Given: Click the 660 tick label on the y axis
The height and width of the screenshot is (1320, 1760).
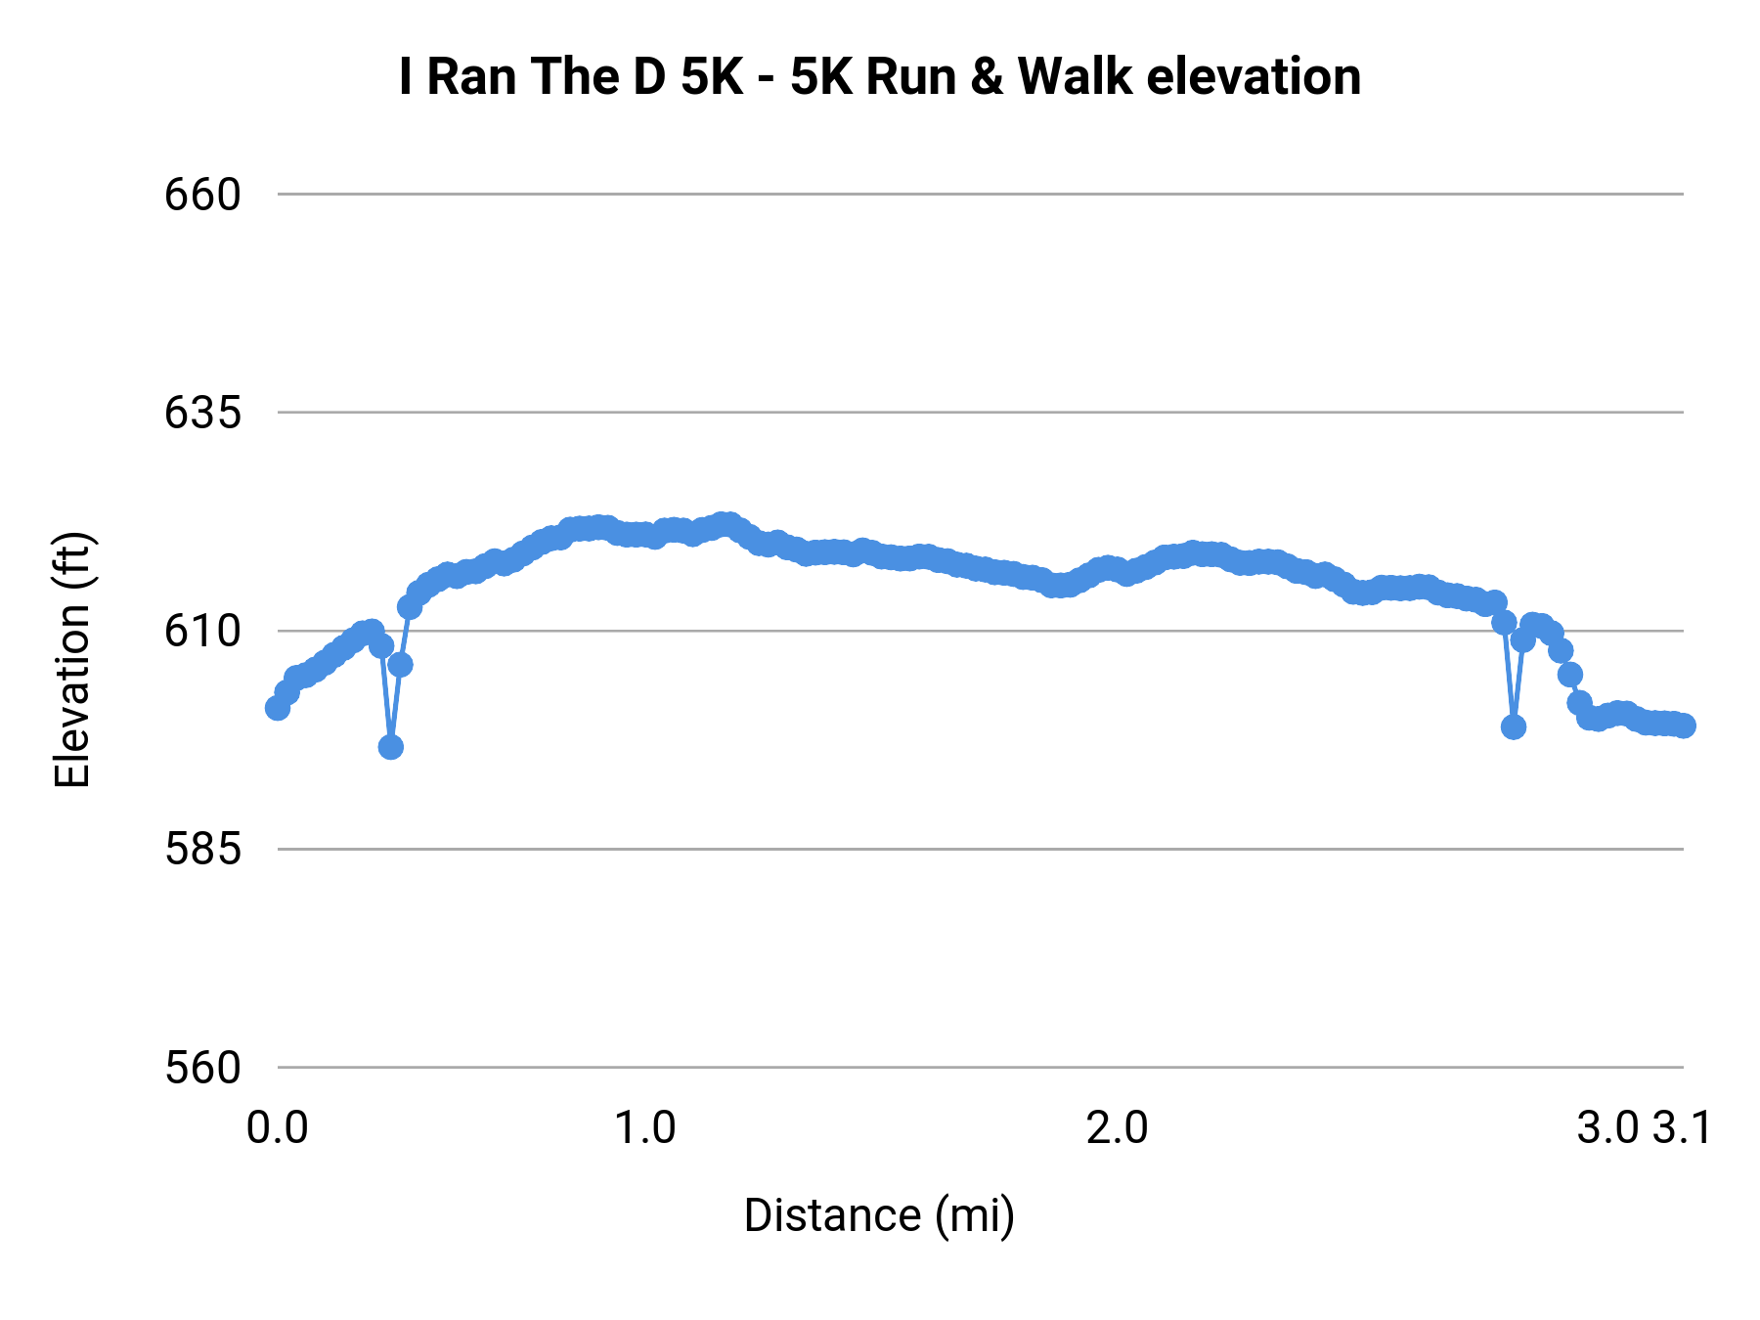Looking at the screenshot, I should [x=202, y=195].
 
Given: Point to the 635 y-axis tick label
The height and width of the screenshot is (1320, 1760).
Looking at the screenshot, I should [x=202, y=413].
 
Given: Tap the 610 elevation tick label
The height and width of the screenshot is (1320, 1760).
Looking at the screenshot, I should [x=202, y=631].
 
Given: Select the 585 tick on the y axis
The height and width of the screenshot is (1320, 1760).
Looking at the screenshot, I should [x=202, y=849].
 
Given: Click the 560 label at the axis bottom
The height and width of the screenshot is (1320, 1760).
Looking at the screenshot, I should [x=202, y=1067].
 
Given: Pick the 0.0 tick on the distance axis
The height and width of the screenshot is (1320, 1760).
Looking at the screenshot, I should [x=278, y=1127].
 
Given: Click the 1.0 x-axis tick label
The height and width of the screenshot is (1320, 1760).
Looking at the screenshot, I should [x=644, y=1127].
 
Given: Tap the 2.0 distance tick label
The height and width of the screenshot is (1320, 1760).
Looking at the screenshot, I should [x=1118, y=1127].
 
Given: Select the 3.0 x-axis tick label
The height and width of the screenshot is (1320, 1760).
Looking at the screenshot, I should [x=1607, y=1127].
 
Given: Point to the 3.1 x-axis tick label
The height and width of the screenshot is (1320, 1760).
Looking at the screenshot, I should [x=1683, y=1127].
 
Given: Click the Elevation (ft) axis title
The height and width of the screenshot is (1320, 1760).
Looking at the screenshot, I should [x=72, y=660].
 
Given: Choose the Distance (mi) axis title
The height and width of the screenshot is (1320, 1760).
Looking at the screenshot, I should [x=879, y=1215].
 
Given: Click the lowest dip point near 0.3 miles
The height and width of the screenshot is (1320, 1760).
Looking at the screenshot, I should [x=391, y=747].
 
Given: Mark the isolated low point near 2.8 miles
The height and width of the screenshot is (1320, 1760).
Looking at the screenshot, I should [x=1514, y=726].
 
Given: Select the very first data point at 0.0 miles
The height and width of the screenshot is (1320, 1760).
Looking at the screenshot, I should [x=278, y=708].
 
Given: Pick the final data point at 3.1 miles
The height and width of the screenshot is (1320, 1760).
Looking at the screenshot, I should [x=1684, y=726].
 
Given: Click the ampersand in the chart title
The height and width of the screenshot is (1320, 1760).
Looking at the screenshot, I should [x=988, y=76].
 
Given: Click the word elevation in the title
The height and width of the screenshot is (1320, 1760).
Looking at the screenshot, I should [x=1254, y=76].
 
